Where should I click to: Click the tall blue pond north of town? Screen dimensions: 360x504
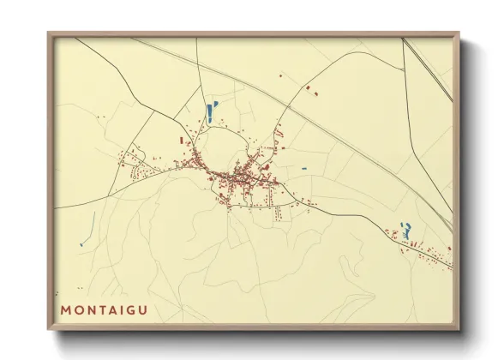(209, 111)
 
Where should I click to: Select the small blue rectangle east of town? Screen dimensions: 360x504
(303, 168)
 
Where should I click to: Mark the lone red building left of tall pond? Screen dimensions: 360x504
(181, 139)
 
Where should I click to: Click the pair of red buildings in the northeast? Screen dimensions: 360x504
(311, 88)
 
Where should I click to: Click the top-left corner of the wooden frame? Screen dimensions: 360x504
(49, 33)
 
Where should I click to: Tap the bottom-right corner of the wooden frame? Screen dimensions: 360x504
(459, 329)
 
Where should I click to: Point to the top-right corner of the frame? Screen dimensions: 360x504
(459, 33)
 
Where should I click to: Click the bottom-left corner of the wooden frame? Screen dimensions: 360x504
(49, 329)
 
